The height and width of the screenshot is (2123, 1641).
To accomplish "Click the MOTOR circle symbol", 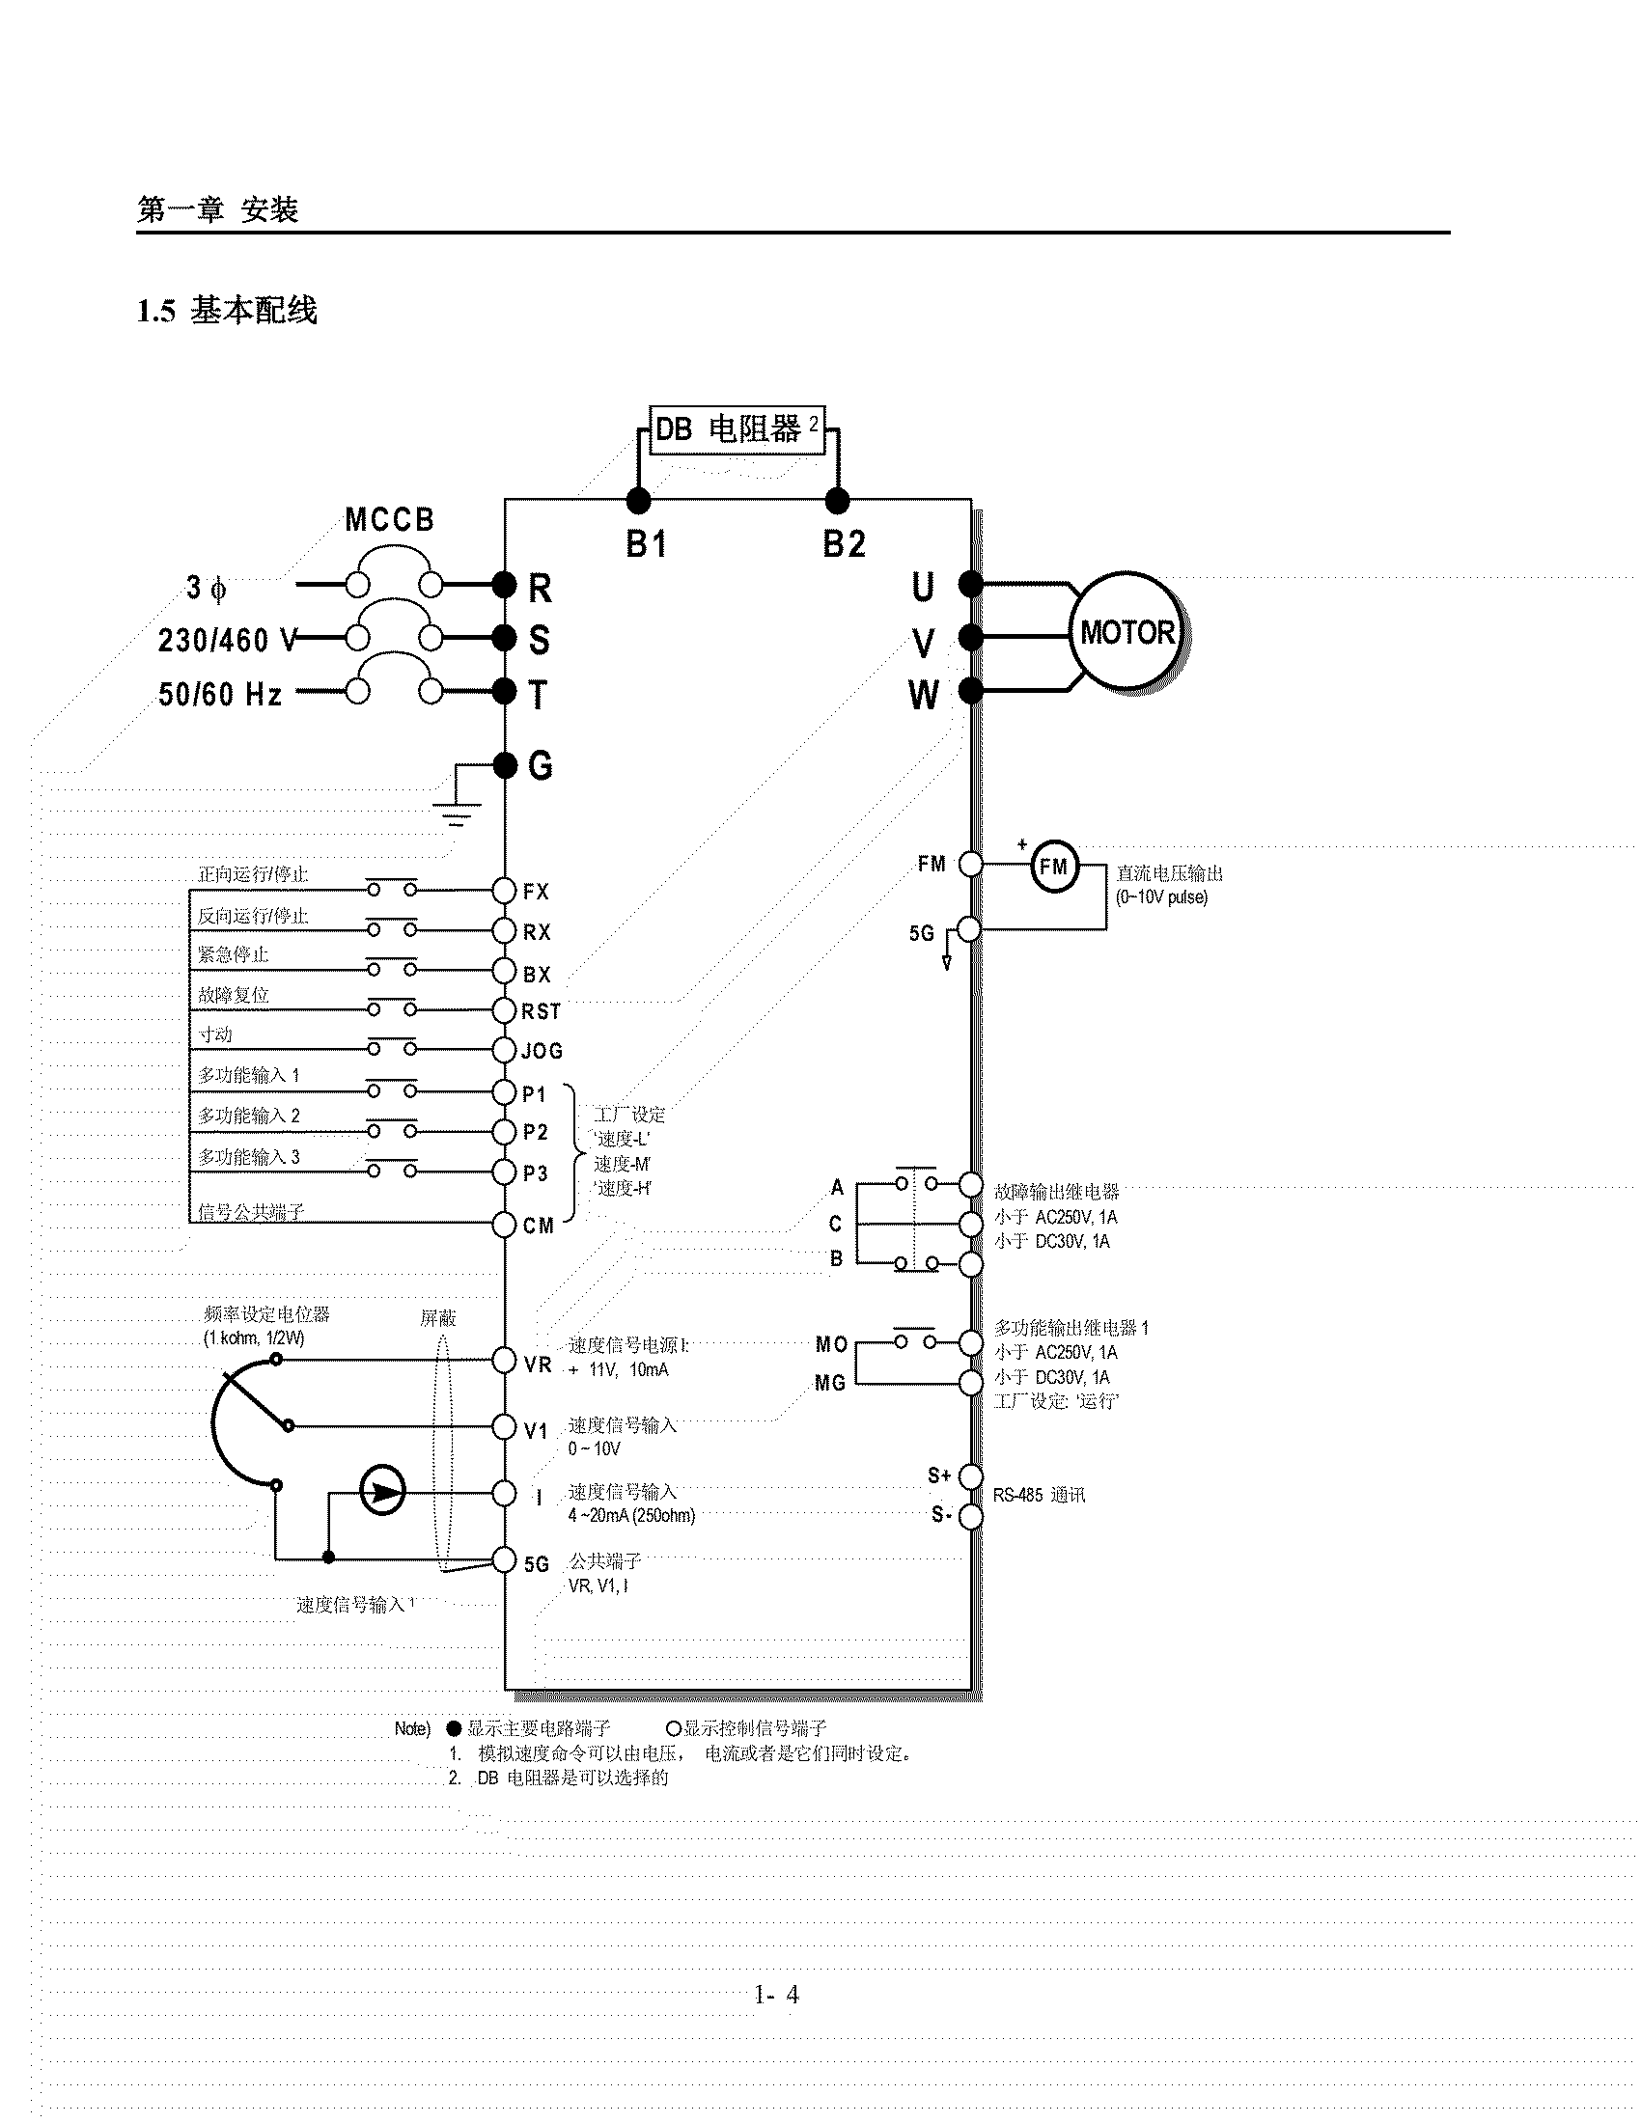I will point(1126,633).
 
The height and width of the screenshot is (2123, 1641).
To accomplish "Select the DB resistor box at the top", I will point(737,429).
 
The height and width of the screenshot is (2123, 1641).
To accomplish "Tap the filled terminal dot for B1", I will point(638,501).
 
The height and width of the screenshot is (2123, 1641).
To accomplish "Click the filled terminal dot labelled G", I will point(505,765).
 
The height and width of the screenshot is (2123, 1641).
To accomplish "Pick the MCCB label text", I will point(390,520).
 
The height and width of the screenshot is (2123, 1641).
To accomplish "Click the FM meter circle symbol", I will point(1054,866).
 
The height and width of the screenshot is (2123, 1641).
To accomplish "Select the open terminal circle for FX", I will point(504,891).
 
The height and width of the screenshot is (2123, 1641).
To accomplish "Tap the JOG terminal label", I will point(542,1051).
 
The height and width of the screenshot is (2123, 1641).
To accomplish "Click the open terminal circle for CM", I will point(504,1225).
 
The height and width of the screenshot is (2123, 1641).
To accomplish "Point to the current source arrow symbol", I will point(383,1491).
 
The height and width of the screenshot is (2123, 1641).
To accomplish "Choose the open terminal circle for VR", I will point(504,1360).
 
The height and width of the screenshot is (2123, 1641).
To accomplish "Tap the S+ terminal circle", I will point(970,1475).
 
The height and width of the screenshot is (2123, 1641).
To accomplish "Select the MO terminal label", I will point(831,1344).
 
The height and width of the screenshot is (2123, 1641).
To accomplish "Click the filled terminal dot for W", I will point(970,691).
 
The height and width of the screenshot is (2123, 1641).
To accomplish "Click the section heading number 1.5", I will point(155,311).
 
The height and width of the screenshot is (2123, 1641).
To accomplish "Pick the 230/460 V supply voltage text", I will point(227,641).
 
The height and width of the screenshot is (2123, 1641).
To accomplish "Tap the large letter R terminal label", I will point(540,588).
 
